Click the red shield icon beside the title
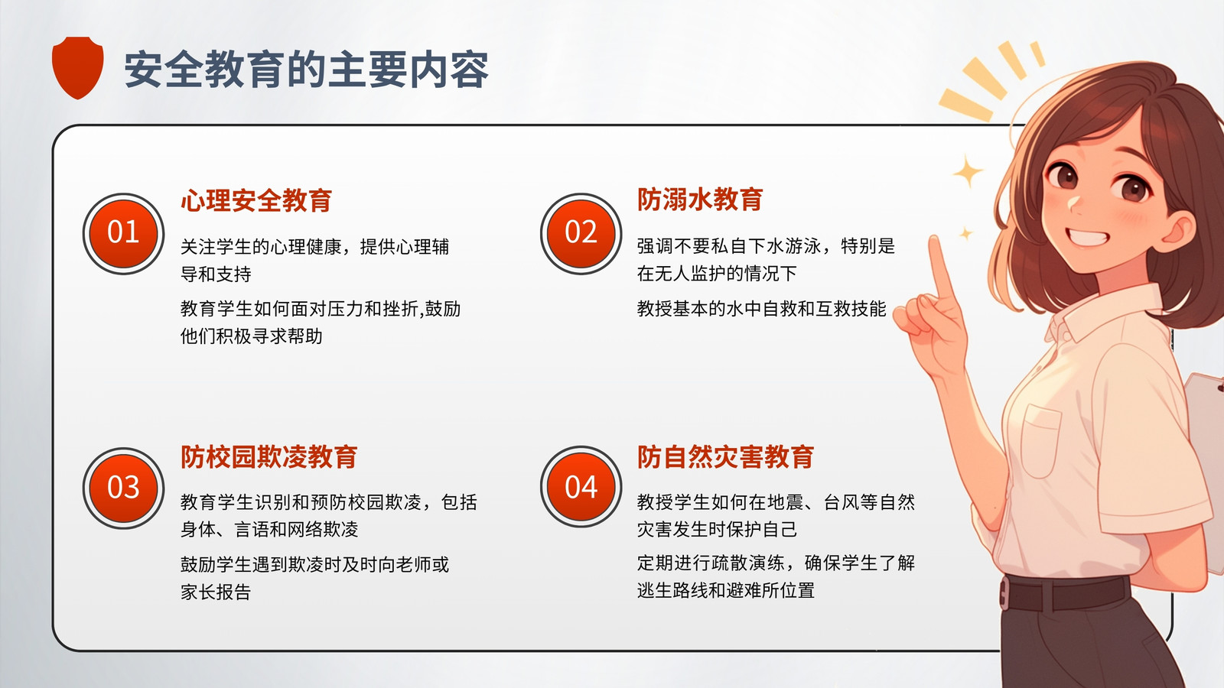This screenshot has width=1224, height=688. tap(77, 67)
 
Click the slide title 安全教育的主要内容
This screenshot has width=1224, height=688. tap(306, 70)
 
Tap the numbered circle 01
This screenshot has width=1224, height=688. tap(123, 234)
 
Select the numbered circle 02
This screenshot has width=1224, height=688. tap(581, 234)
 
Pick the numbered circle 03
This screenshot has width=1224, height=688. tap(123, 488)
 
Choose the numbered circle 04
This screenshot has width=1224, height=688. tap(581, 487)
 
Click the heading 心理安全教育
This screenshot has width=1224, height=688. tap(256, 200)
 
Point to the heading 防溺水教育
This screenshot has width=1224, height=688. tap(700, 200)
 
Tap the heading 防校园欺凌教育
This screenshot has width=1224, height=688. tap(269, 457)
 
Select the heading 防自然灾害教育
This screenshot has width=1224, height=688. tap(726, 457)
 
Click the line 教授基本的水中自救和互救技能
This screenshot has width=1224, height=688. tap(761, 309)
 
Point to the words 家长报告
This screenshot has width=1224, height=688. tap(216, 592)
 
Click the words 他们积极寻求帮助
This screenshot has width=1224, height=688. tap(252, 336)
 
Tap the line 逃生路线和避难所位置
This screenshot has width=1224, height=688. tap(726, 590)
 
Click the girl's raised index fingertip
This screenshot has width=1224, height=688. tap(934, 242)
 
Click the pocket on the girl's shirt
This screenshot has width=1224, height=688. tap(1040, 440)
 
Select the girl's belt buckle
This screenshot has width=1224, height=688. tap(1004, 593)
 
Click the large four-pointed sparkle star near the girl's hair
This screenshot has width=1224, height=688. tap(968, 171)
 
